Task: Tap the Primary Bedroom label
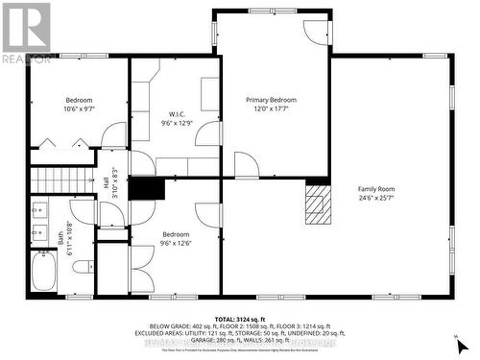coord(271,100)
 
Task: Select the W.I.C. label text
coord(177,113)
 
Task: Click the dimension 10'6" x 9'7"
coord(79,109)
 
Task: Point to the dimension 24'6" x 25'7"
coord(376,199)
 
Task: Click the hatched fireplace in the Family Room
coord(317,204)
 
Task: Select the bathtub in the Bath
coord(44,271)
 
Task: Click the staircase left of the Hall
coord(49,179)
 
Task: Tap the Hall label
coord(107,181)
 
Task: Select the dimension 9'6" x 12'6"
coord(176,243)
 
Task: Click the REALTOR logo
coord(26,32)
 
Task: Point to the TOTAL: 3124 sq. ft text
coord(240,318)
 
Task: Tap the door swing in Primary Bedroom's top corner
coord(316,32)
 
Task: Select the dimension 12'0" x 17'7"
coord(271,108)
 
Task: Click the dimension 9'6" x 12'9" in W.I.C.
coord(177,122)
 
